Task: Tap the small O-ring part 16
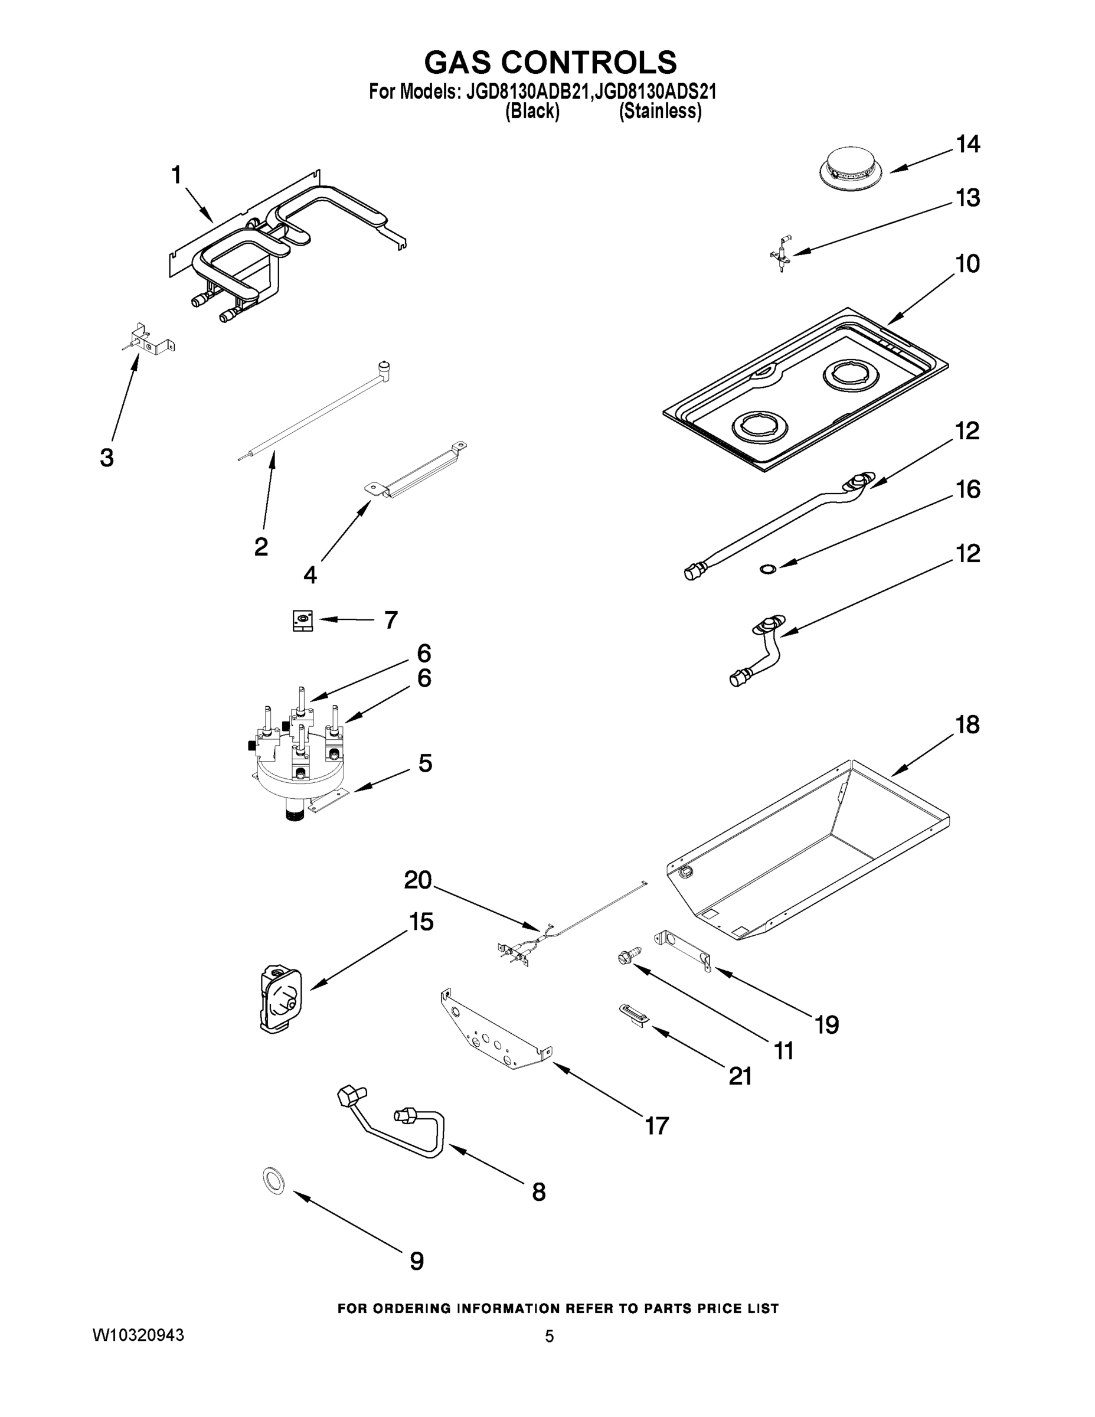point(767,570)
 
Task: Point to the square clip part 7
point(302,621)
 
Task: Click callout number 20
point(417,880)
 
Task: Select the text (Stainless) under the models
point(660,112)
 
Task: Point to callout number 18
point(966,724)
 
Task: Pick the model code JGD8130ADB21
point(527,92)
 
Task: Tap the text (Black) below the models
point(532,112)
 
